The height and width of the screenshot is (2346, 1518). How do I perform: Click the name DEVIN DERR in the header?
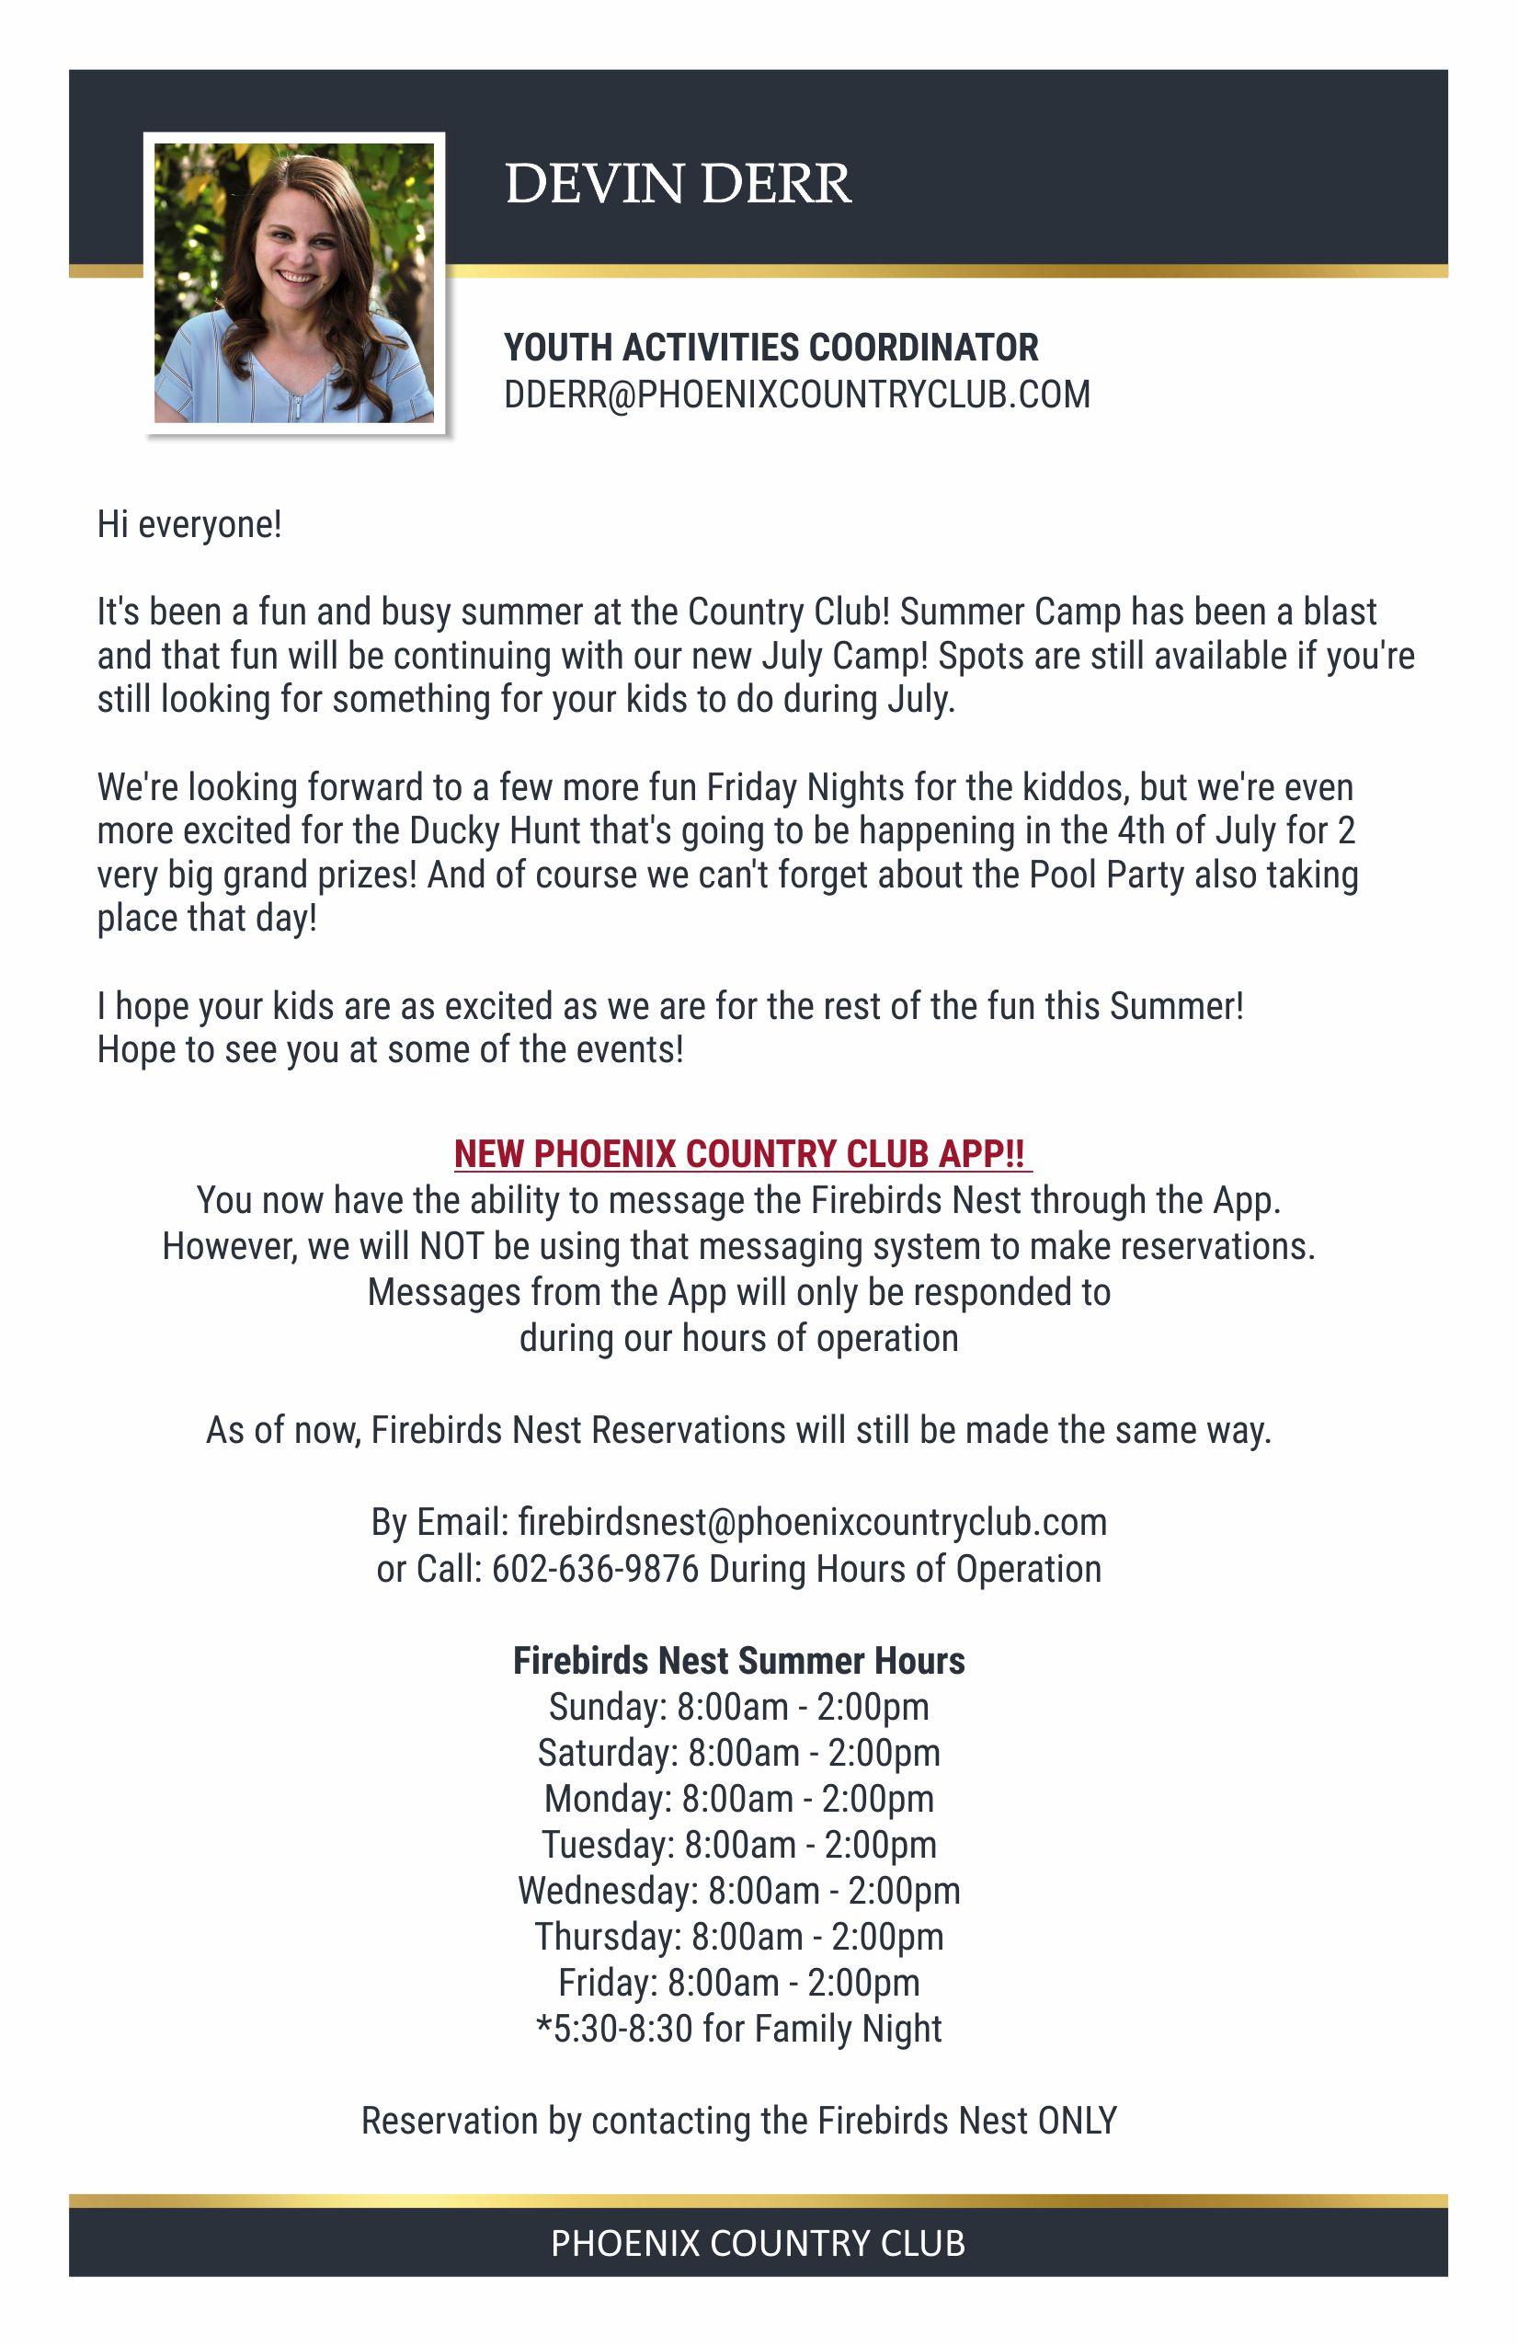(678, 184)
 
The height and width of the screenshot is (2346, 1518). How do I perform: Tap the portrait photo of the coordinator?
(293, 283)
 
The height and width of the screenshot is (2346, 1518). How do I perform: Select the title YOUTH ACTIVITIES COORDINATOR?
(770, 348)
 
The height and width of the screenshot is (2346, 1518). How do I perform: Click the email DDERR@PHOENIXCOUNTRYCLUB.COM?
(796, 395)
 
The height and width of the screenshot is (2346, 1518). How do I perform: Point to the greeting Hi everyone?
(189, 524)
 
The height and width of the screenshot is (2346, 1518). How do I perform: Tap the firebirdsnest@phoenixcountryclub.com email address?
(812, 1522)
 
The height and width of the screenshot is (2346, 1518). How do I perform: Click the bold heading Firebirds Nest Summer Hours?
(738, 1661)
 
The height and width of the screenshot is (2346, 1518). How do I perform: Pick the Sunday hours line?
(738, 1706)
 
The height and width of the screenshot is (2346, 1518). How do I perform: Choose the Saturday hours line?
(738, 1753)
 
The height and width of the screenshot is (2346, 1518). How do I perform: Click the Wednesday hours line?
(738, 1891)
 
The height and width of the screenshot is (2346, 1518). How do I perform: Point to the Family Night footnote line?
(738, 2029)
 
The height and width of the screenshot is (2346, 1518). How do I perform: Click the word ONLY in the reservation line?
(1078, 2121)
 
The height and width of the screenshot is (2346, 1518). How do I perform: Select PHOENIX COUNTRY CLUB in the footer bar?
(757, 2244)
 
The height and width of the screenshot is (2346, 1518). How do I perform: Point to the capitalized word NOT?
(451, 1246)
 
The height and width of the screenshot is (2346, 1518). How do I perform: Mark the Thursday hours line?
(738, 1937)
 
